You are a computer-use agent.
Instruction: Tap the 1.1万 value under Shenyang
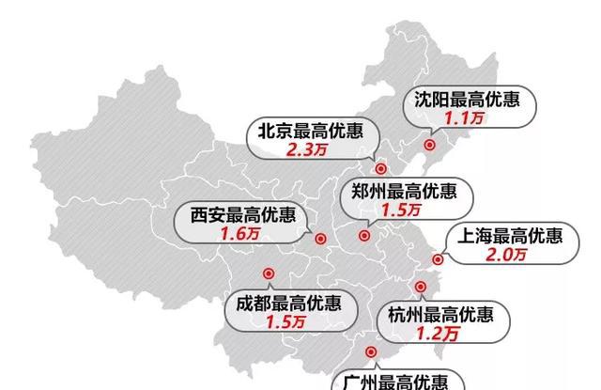coord(467,119)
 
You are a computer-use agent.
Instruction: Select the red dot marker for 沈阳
coord(430,145)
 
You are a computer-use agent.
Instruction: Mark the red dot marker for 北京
coord(380,169)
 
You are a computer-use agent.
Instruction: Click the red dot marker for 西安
coord(319,240)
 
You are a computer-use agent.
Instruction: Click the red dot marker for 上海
coord(437,259)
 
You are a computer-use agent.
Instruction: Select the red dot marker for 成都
coord(268,273)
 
